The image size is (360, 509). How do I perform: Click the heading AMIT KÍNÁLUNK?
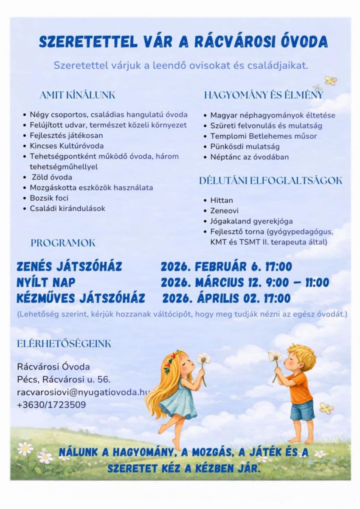(x=77, y=95)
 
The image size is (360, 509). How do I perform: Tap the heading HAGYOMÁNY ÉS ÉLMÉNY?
(x=263, y=95)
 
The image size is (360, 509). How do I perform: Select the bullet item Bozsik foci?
(x=49, y=198)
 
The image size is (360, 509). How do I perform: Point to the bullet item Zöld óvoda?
(x=52, y=177)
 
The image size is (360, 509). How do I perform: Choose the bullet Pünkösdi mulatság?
(x=245, y=147)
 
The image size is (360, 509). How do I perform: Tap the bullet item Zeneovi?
(x=225, y=211)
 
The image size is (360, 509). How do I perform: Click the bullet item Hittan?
(x=222, y=200)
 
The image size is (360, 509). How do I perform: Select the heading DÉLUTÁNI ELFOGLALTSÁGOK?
(x=270, y=181)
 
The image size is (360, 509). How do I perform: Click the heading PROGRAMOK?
(x=63, y=243)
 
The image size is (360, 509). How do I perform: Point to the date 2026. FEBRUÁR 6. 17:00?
(x=226, y=267)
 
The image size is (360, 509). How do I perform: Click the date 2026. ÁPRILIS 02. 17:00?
(x=226, y=298)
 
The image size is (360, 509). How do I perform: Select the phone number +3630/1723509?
(x=51, y=405)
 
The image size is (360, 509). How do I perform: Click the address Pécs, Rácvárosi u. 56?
(x=64, y=380)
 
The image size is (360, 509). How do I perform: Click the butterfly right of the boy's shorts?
(x=326, y=408)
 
